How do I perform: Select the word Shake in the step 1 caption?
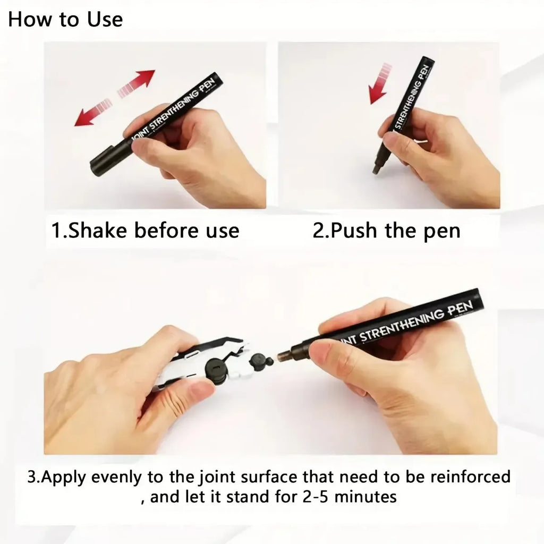tap(99, 231)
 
